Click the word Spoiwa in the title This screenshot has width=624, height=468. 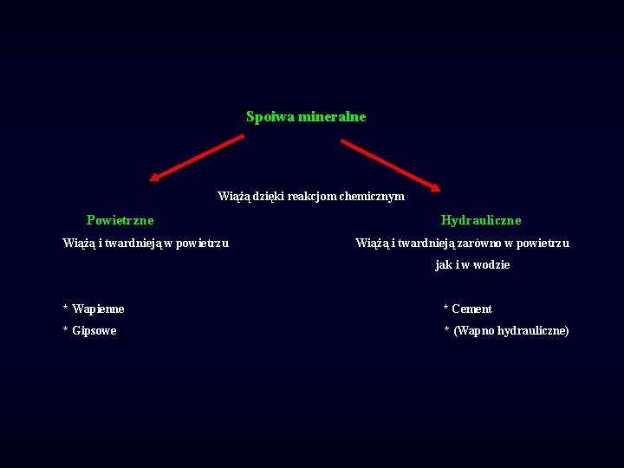[x=270, y=116]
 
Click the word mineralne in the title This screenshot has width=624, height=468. [x=332, y=116]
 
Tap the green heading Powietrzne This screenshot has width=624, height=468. [x=120, y=220]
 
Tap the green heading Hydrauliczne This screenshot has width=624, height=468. [x=481, y=220]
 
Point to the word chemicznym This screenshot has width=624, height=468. [x=372, y=197]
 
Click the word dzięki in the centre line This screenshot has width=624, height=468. [x=269, y=197]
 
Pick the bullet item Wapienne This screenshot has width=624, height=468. [x=98, y=309]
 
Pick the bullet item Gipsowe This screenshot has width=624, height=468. [x=94, y=331]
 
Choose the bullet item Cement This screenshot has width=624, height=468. [x=471, y=309]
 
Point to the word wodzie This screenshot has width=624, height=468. [x=491, y=265]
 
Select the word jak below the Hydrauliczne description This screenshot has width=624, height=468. [x=444, y=265]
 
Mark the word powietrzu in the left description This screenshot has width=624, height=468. [x=202, y=244]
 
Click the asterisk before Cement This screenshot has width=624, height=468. [x=445, y=309]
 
